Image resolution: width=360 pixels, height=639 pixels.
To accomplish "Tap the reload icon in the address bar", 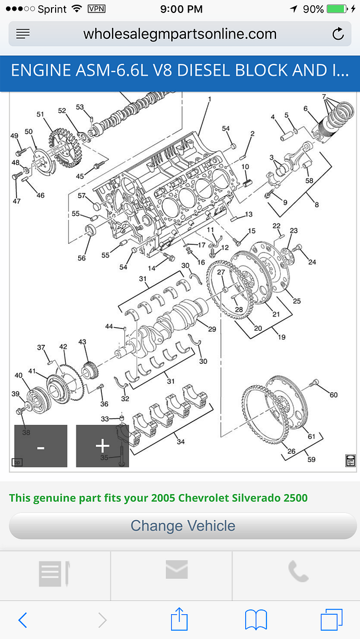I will tap(338, 34).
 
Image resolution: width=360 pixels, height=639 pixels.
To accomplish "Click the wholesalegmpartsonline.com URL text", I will tap(180, 34).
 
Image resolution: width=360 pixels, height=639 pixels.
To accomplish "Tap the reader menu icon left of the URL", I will tap(23, 34).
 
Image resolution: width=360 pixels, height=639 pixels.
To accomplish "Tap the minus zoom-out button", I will tap(41, 446).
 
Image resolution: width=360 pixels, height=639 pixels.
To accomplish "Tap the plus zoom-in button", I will tap(102, 446).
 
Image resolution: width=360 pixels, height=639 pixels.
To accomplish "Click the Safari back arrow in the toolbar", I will tap(22, 619).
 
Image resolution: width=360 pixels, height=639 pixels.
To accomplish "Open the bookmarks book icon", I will tap(256, 619).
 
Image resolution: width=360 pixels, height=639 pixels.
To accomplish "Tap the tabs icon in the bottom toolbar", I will tap(332, 619).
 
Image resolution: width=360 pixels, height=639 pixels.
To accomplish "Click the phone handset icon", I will tap(298, 572).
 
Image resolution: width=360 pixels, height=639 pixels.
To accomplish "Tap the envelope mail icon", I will tap(176, 570).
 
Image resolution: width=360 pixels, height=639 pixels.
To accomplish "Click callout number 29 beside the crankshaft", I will tap(212, 329).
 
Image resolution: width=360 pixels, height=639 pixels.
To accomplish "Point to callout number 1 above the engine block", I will tap(209, 100).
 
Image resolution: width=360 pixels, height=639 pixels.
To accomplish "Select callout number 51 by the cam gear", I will tap(40, 114).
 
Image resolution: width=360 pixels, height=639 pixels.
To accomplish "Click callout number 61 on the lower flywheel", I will tap(311, 436).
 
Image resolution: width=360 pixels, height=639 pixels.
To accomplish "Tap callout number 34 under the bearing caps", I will tap(181, 441).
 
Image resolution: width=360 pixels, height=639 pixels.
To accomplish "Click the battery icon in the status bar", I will tap(337, 9).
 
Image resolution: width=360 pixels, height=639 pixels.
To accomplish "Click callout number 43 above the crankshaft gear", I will tap(82, 342).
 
